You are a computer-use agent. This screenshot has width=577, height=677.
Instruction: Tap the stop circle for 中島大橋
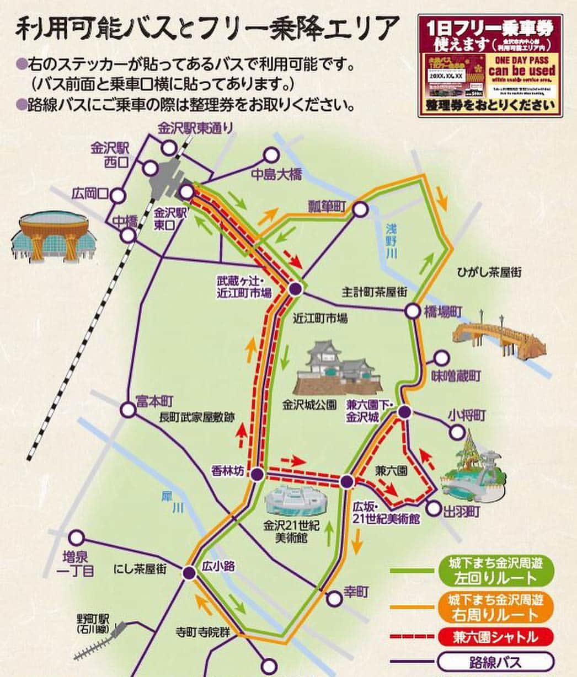271,155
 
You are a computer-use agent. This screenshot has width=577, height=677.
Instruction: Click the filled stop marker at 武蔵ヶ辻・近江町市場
296,288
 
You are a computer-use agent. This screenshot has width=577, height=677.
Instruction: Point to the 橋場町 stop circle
412,311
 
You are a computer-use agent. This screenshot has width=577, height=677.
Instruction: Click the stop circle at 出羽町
434,508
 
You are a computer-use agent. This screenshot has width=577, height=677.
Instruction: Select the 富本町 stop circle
128,409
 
